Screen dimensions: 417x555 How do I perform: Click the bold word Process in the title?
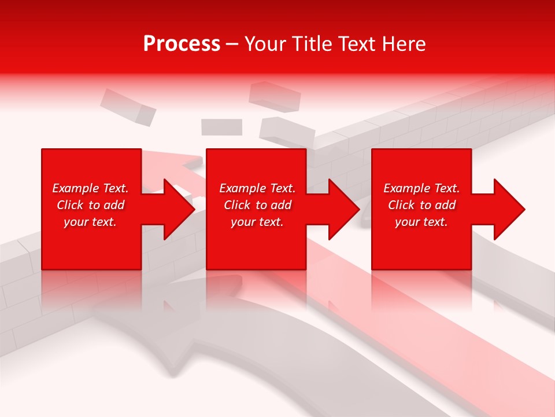point(182,44)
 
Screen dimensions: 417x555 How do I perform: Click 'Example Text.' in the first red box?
point(90,188)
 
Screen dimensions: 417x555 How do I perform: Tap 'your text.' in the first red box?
point(90,222)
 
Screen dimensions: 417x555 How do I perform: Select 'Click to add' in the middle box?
point(257,205)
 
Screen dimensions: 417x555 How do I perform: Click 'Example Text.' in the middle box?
point(257,188)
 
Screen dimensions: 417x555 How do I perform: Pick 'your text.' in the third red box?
point(421,222)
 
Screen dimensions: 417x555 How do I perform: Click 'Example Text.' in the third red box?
point(421,188)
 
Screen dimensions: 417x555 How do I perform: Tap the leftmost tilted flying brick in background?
point(128,107)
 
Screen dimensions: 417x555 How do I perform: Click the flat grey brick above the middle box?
point(221,127)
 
